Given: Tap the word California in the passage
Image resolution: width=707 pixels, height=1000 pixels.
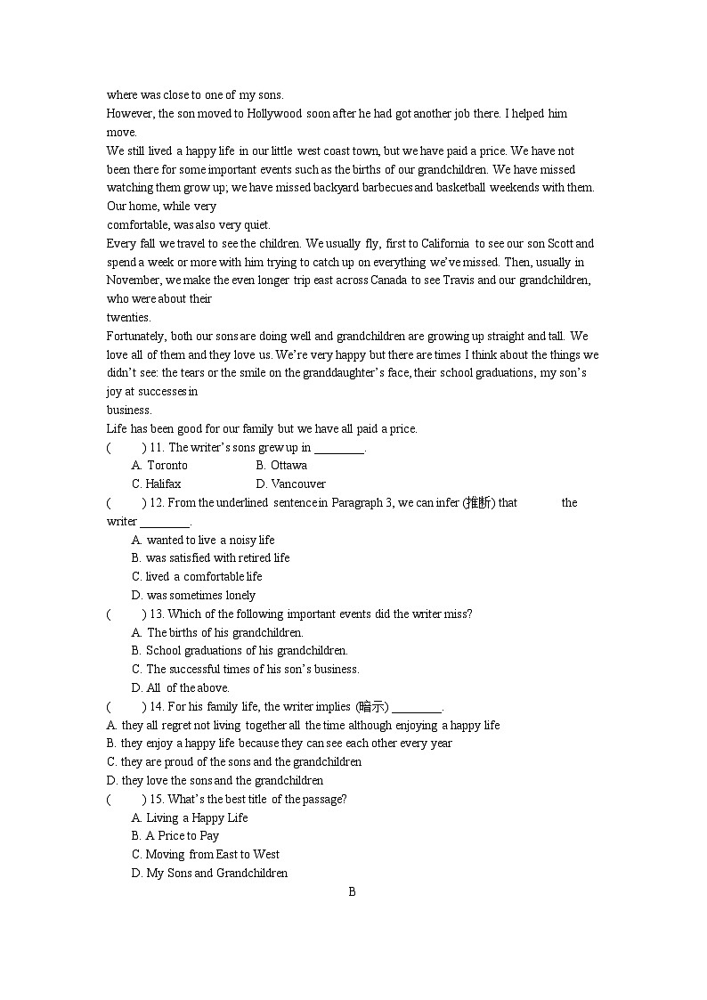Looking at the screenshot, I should [x=441, y=243].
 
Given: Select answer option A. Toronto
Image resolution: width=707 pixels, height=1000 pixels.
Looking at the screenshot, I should [x=160, y=465].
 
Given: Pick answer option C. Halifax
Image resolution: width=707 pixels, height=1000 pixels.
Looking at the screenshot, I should [x=157, y=484].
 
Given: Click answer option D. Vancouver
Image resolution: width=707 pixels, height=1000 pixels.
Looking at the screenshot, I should [x=291, y=484].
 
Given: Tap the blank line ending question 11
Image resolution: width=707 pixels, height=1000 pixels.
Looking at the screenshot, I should [x=339, y=449].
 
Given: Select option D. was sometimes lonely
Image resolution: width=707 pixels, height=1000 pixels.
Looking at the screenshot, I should [x=193, y=595].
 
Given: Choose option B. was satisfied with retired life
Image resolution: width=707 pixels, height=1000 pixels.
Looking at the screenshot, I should [x=211, y=557].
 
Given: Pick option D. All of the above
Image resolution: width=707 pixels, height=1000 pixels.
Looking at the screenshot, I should [x=181, y=687].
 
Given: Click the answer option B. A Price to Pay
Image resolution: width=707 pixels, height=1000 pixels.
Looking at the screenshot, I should [x=175, y=835].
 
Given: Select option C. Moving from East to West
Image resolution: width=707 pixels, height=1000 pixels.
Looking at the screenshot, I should [x=206, y=854].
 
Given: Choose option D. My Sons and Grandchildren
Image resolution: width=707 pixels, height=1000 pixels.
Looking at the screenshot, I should [x=210, y=873].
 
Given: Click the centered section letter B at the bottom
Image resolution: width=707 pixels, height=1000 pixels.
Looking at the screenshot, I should [x=352, y=891].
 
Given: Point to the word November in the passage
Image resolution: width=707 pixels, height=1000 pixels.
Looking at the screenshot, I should [x=132, y=280].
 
